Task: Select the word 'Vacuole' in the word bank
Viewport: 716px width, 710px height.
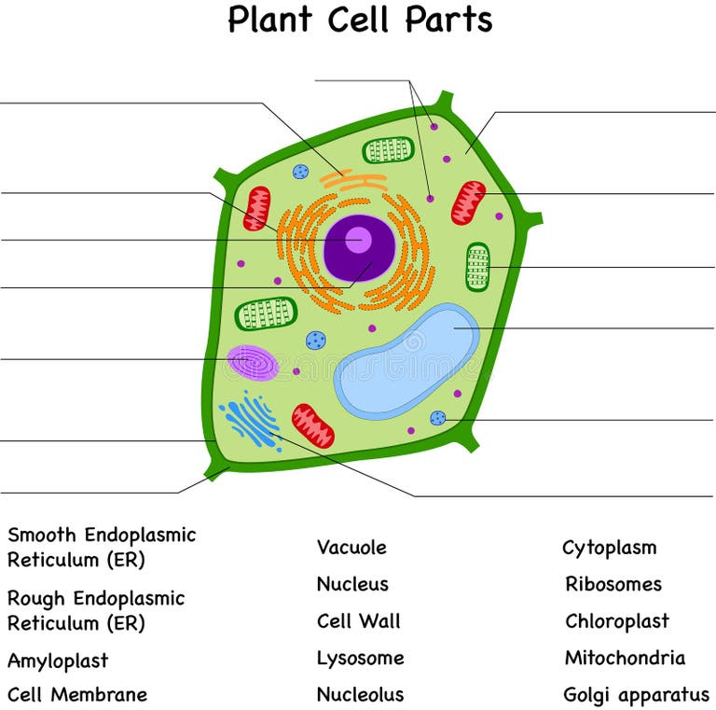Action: pyautogui.click(x=351, y=548)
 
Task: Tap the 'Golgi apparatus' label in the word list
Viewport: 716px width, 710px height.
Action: pyautogui.click(x=636, y=695)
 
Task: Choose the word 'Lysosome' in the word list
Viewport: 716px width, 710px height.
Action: pyautogui.click(x=360, y=658)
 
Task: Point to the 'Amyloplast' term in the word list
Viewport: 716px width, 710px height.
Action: pyautogui.click(x=58, y=661)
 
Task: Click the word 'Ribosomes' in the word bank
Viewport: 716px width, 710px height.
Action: pyautogui.click(x=613, y=584)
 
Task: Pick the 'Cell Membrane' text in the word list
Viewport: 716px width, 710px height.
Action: pyautogui.click(x=77, y=695)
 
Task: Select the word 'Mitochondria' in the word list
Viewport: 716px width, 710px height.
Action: pyautogui.click(x=625, y=658)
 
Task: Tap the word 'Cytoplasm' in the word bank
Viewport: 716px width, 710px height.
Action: pyautogui.click(x=609, y=548)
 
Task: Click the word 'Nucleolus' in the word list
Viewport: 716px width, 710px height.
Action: pyautogui.click(x=360, y=695)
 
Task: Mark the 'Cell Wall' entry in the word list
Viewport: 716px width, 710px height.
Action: pyautogui.click(x=358, y=621)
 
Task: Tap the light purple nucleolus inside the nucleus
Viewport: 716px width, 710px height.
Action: pyautogui.click(x=356, y=240)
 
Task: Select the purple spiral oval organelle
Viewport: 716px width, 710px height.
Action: pyautogui.click(x=253, y=362)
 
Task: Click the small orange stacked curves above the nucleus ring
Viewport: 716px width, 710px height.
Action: pyautogui.click(x=354, y=180)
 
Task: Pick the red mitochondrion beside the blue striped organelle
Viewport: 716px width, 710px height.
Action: pyautogui.click(x=312, y=425)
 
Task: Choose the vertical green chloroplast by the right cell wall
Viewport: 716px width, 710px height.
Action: pyautogui.click(x=477, y=267)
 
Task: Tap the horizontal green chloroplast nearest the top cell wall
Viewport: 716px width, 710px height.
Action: pyautogui.click(x=388, y=149)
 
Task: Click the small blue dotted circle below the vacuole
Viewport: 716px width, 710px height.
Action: pyautogui.click(x=437, y=418)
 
